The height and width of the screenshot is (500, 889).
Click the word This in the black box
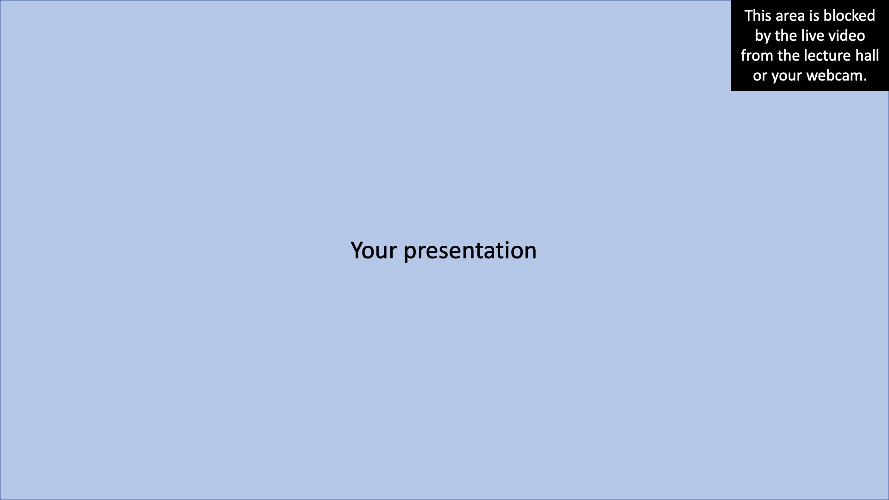pyautogui.click(x=758, y=16)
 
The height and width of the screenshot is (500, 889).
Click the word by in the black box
pyautogui.click(x=763, y=36)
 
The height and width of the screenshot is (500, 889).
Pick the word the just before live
pyautogui.click(x=784, y=36)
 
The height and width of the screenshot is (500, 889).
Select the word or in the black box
pyautogui.click(x=760, y=75)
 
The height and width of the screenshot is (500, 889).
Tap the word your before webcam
pyautogui.click(x=786, y=75)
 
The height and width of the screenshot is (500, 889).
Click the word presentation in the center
pyautogui.click(x=470, y=250)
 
